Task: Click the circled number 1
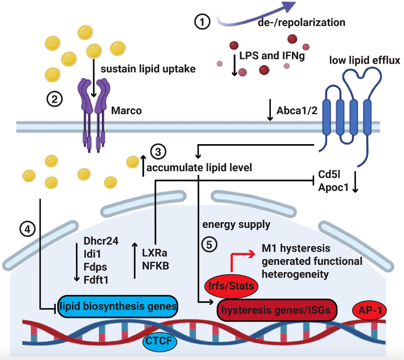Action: [x=202, y=22]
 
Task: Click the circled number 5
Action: [x=209, y=245]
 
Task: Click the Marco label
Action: [x=127, y=111]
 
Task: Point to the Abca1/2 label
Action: [x=297, y=111]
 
